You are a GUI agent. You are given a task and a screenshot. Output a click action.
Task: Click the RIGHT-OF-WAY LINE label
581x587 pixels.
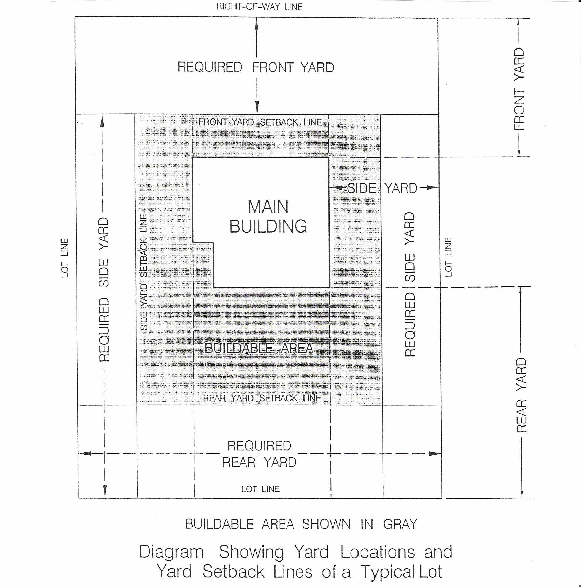(259, 7)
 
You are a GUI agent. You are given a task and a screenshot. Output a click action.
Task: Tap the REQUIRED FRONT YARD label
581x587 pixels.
(256, 67)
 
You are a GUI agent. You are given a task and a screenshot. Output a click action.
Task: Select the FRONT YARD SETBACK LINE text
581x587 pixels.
(260, 122)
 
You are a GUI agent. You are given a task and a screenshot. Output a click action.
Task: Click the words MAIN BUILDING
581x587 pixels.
(268, 216)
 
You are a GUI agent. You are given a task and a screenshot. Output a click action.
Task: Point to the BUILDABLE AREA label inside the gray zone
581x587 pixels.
(259, 348)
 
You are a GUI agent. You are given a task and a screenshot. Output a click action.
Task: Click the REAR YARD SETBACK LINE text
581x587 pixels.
(262, 398)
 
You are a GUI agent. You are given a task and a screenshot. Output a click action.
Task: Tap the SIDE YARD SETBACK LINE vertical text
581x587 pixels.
(144, 272)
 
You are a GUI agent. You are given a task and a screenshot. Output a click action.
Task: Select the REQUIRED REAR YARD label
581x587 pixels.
(259, 454)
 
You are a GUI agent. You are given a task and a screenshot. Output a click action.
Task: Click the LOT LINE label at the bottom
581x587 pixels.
(260, 489)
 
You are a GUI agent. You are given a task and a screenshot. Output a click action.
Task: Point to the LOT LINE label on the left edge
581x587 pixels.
(65, 258)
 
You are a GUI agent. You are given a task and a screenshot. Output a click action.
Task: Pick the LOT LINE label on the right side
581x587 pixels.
(448, 257)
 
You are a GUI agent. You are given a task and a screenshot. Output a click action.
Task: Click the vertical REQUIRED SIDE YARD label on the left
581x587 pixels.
(104, 290)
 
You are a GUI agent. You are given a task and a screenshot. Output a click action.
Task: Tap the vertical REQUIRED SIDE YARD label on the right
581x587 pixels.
(409, 284)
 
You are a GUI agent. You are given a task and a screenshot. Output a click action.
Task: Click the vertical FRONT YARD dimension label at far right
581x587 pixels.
(519, 89)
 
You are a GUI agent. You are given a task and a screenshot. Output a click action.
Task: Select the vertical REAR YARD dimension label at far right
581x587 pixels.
(521, 395)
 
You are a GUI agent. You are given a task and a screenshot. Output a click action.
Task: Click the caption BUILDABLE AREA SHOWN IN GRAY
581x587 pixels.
(301, 524)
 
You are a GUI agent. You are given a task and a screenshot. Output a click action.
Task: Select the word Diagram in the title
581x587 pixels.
(172, 552)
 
